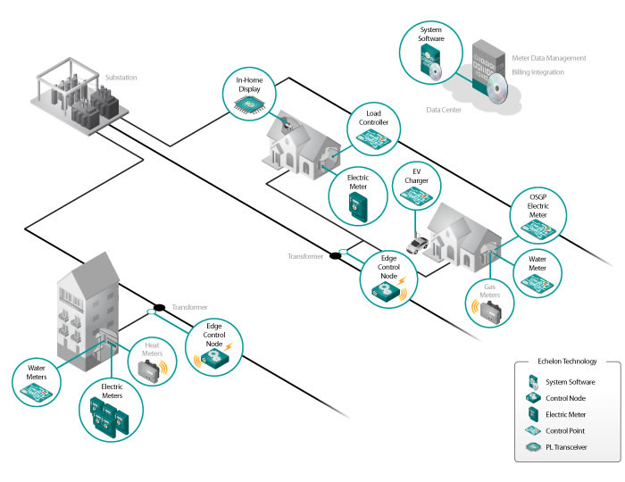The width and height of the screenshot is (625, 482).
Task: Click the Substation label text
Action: [121, 78]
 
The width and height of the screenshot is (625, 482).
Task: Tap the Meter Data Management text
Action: [549, 58]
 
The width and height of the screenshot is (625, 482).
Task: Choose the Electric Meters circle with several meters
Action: [110, 407]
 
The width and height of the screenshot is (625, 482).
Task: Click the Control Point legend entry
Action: [563, 430]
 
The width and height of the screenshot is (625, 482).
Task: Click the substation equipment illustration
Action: [82, 94]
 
